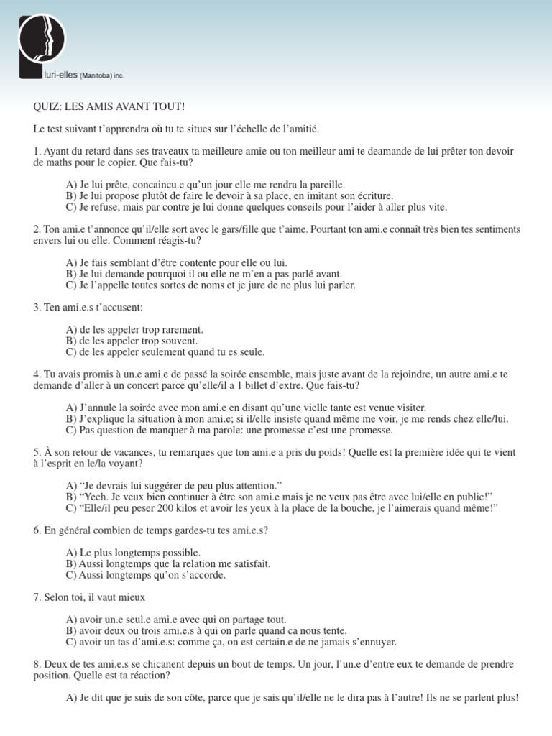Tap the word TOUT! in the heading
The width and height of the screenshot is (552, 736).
click(x=170, y=106)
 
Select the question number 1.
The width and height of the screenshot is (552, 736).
click(x=37, y=152)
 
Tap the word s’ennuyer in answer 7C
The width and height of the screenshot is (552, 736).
click(x=372, y=642)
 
